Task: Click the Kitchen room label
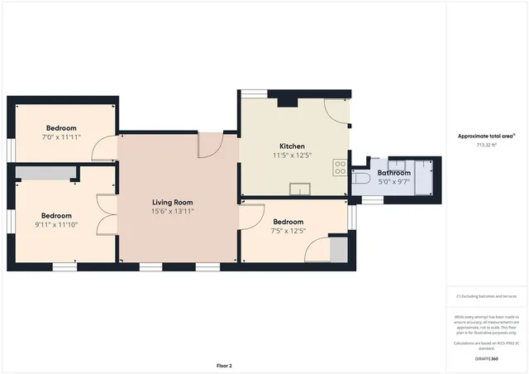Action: (292, 146)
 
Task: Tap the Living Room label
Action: (172, 202)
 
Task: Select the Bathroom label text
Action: (394, 173)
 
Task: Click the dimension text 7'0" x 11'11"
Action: (62, 137)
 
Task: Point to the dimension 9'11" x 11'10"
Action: (57, 223)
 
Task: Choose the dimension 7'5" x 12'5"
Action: (288, 231)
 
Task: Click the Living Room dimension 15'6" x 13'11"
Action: (172, 211)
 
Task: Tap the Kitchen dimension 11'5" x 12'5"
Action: (292, 155)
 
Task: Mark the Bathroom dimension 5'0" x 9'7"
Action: (394, 182)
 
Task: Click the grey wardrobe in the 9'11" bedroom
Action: (44, 172)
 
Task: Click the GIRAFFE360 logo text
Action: (487, 358)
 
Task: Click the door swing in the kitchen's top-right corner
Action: (336, 109)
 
